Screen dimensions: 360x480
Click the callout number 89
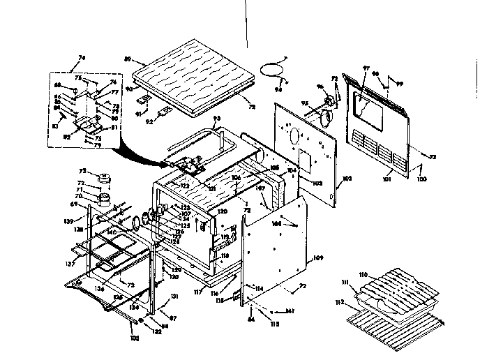tap(128, 59)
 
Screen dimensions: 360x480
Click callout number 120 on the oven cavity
tap(223, 210)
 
